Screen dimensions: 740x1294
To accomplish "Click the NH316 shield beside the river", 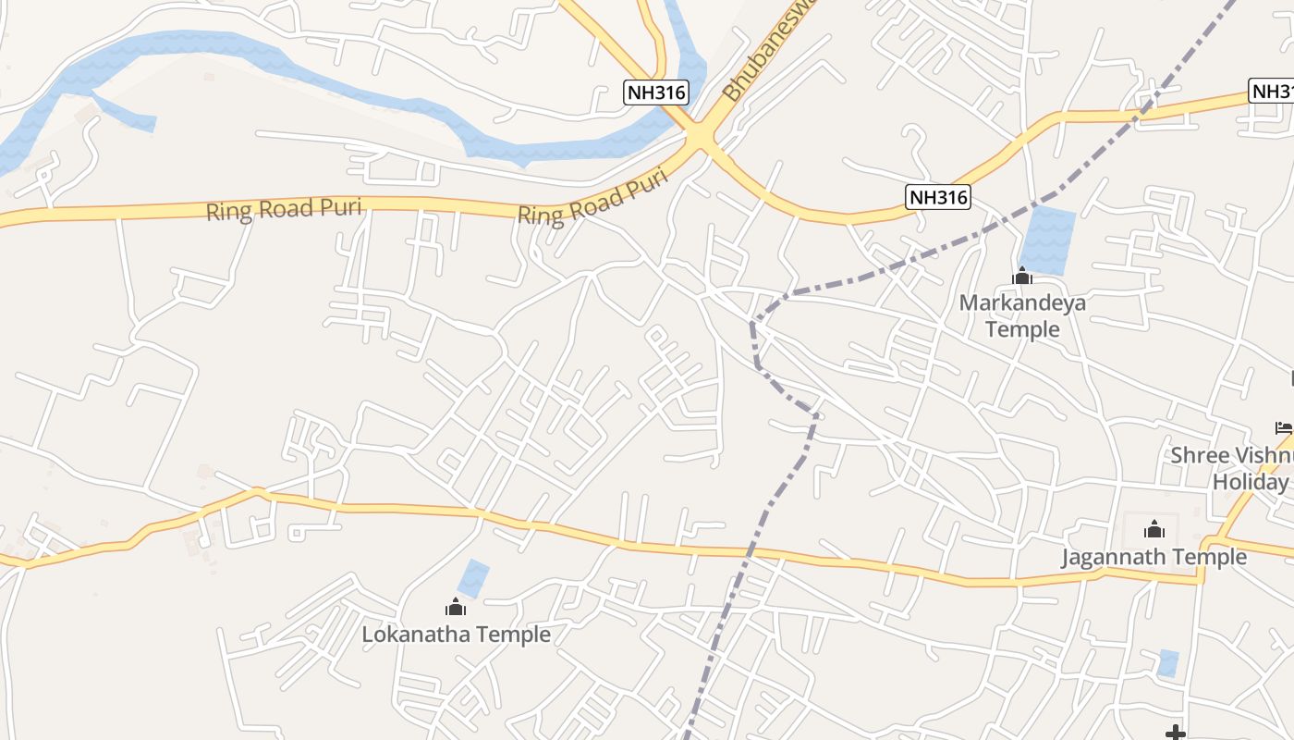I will pos(656,92).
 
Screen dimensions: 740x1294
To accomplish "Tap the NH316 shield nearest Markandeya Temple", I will pos(937,196).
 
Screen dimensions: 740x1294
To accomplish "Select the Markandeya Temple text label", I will pos(1022,315).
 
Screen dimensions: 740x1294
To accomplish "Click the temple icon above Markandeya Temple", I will pos(1022,276).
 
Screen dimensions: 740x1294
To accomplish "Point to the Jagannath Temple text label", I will pos(1154,557).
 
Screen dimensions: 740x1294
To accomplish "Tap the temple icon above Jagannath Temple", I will pos(1154,529).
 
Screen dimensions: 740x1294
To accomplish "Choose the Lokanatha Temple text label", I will pos(456,635).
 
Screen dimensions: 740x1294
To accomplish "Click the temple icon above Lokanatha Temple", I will pos(455,607).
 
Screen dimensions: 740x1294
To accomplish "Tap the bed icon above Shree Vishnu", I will pos(1284,427).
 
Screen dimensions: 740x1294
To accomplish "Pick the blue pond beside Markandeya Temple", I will pos(1047,240).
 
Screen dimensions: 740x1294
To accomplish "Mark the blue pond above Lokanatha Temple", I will pos(473,578).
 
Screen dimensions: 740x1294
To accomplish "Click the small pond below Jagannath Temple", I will pos(1168,663).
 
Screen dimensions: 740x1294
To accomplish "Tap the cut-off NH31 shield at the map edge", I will pos(1272,91).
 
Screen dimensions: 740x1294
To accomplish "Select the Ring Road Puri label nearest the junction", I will pos(592,198).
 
